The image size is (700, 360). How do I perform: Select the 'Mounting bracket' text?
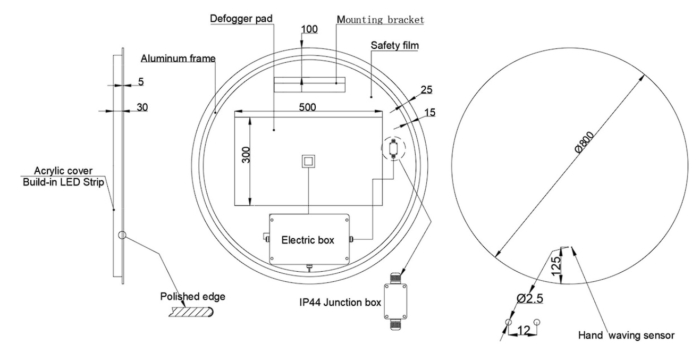380,20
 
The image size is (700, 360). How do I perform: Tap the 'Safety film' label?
394,46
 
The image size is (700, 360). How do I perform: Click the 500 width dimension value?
307,107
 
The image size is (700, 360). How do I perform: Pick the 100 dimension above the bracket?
310,29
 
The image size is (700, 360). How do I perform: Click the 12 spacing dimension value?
524,331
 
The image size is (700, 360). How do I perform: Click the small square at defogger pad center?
308,161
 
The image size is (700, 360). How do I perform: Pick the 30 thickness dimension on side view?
141,107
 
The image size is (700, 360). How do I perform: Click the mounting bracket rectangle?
309,84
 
